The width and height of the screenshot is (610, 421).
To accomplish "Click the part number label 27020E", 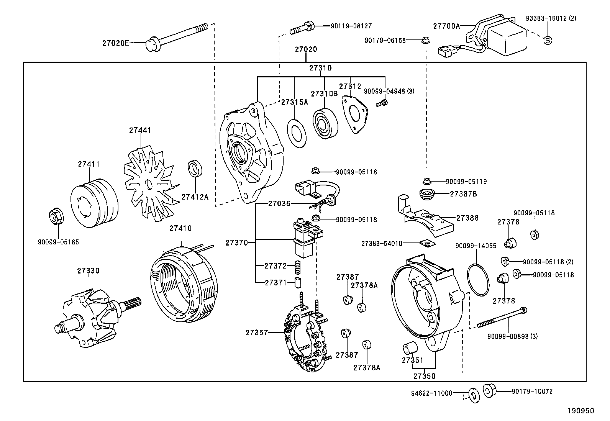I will tap(115, 43).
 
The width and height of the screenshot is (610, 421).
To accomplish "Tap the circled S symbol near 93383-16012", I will tap(548, 39).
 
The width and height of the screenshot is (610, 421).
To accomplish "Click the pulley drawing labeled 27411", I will tap(94, 203).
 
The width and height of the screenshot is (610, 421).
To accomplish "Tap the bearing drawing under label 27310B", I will tap(325, 123).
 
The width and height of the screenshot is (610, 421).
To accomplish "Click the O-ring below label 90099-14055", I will tap(478, 279).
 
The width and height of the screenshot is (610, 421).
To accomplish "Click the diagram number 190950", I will tap(580, 411).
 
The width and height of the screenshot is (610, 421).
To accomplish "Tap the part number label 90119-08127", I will tap(351, 26).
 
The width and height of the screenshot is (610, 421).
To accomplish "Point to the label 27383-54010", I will tap(382, 243).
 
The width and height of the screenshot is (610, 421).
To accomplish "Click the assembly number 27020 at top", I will tap(306, 49).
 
